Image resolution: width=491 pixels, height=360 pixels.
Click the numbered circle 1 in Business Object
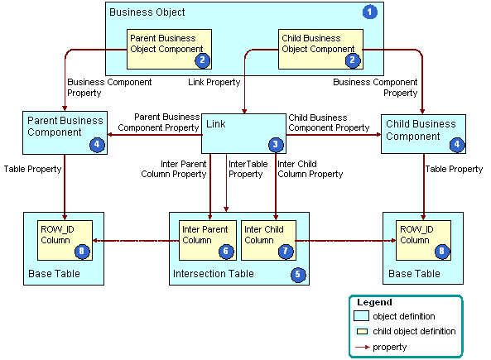click(x=370, y=12)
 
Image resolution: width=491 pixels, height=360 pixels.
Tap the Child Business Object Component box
click(x=319, y=49)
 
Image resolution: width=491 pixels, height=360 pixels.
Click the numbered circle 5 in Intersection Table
click(x=297, y=273)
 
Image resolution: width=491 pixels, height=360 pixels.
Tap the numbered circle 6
click(x=225, y=251)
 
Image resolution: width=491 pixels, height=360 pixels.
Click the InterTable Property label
click(x=246, y=169)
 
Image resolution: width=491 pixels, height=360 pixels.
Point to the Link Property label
click(x=214, y=83)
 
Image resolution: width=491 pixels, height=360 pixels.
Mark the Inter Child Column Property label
click(x=310, y=169)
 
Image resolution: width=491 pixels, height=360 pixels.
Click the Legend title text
click(x=373, y=303)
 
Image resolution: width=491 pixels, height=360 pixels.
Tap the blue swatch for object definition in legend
click(x=362, y=316)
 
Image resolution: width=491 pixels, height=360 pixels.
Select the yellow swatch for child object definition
click(x=362, y=331)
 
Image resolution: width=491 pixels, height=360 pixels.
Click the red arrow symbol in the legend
click(x=362, y=347)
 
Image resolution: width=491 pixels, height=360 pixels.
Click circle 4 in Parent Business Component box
click(x=98, y=145)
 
